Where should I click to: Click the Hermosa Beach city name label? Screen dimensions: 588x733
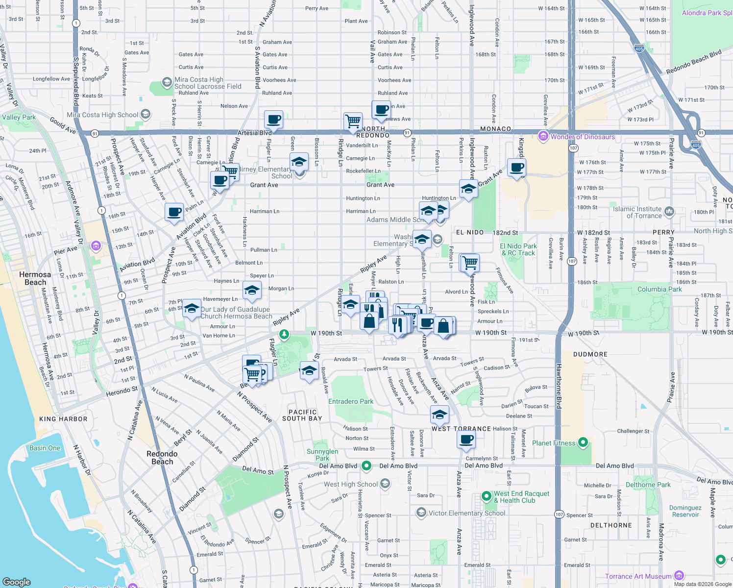[x=35, y=278]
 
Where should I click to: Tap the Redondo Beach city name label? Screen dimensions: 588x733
[x=162, y=458]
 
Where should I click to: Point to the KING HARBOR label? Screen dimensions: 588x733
[x=63, y=419]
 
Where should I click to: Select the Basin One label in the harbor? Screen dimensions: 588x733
[x=45, y=448]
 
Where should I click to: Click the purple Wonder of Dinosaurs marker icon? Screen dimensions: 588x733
[x=543, y=136]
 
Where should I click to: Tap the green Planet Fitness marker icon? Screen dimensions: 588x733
[x=583, y=442]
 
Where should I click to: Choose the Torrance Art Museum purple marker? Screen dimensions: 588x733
[x=679, y=575]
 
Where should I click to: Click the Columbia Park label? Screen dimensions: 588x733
[x=659, y=289]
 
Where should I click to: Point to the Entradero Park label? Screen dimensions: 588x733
[x=350, y=401]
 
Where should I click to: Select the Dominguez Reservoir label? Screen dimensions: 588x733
[x=685, y=511]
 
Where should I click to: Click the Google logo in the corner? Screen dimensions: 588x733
[x=17, y=582]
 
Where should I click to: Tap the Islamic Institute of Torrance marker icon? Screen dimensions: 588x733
[x=669, y=211]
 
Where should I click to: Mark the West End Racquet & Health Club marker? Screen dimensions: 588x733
[x=486, y=496]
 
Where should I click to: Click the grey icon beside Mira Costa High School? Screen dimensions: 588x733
[x=146, y=114]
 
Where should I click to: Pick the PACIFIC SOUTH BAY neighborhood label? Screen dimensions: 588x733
[x=302, y=415]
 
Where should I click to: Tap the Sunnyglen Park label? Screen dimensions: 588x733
[x=322, y=455]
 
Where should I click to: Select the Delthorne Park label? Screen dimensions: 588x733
[x=648, y=485]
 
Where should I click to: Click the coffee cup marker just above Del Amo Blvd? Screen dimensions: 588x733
[x=466, y=439]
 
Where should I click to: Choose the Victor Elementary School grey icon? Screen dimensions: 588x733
[x=421, y=513]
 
